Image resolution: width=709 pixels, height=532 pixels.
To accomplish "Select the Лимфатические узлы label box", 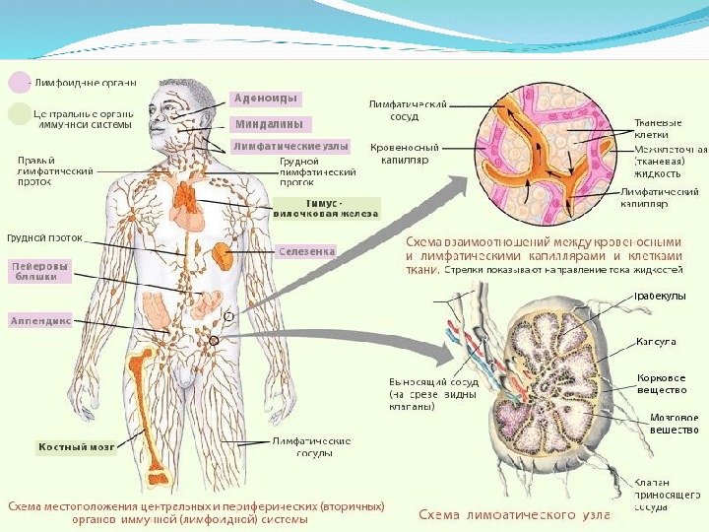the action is tap(290, 146).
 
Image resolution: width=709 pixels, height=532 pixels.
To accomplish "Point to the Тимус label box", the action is tap(326, 207).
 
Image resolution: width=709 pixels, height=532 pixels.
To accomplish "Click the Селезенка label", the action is tap(306, 251).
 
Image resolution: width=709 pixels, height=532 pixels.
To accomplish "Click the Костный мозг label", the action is tap(77, 447).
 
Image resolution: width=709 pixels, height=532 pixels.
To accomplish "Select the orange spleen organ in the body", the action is tap(225, 258).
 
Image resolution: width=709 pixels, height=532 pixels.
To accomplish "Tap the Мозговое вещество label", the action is tap(674, 424).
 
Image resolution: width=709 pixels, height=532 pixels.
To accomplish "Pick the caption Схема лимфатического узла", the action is tap(514, 514).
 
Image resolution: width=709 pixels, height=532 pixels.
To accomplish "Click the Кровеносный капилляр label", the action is tap(400, 152).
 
